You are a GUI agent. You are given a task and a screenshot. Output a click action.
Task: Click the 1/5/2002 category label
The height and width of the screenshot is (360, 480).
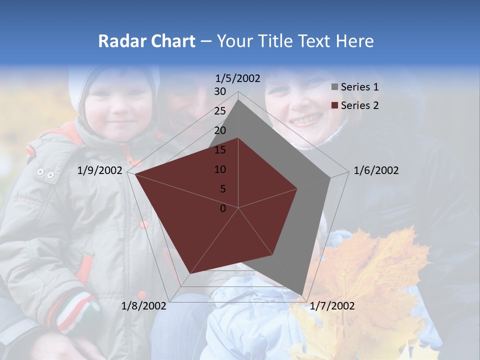pyautogui.click(x=237, y=78)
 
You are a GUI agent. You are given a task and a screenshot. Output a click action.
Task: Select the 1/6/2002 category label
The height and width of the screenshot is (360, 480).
pyautogui.click(x=376, y=170)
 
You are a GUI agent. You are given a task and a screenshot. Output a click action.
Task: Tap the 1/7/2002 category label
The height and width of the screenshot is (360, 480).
pyautogui.click(x=332, y=306)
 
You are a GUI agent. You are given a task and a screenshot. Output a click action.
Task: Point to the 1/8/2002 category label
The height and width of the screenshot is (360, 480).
pyautogui.click(x=144, y=306)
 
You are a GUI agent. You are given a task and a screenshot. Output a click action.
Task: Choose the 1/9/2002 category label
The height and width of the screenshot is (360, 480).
pyautogui.click(x=100, y=170)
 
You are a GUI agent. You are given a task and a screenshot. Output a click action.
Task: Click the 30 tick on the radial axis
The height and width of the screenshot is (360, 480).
pyautogui.click(x=220, y=91)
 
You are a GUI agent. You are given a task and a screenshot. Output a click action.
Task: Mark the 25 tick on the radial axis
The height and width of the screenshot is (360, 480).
pyautogui.click(x=220, y=111)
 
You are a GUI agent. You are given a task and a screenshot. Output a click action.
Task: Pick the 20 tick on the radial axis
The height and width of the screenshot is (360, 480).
pyautogui.click(x=220, y=130)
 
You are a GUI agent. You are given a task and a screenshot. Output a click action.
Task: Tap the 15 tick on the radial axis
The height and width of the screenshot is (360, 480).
pyautogui.click(x=220, y=150)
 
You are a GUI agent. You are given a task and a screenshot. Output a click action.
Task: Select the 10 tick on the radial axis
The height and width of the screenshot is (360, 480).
pyautogui.click(x=220, y=169)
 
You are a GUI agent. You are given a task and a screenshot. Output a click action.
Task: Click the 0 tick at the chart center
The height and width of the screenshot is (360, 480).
pyautogui.click(x=223, y=208)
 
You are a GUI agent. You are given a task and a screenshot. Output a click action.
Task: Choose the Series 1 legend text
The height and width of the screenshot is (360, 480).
pyautogui.click(x=359, y=87)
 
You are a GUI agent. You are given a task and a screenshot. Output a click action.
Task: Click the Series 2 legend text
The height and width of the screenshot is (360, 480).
pyautogui.click(x=359, y=105)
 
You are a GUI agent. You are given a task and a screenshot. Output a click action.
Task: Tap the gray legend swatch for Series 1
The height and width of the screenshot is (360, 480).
pyautogui.click(x=334, y=87)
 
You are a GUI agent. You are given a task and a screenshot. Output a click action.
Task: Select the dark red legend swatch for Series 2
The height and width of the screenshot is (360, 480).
pyautogui.click(x=334, y=106)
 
